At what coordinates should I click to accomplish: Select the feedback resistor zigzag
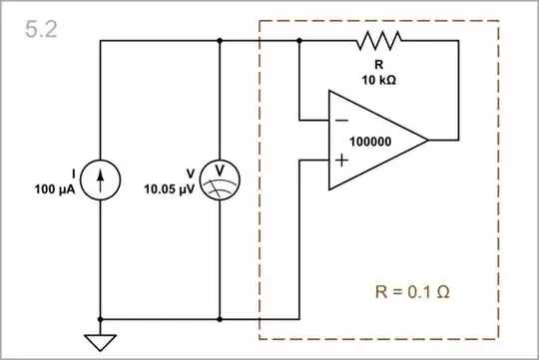379,41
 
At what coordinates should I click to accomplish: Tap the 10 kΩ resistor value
379,79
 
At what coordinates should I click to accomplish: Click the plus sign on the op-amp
342,160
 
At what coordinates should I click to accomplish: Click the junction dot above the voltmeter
220,41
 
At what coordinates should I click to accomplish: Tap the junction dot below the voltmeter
220,320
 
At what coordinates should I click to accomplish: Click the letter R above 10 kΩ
379,66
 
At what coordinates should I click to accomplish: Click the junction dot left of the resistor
299,41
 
